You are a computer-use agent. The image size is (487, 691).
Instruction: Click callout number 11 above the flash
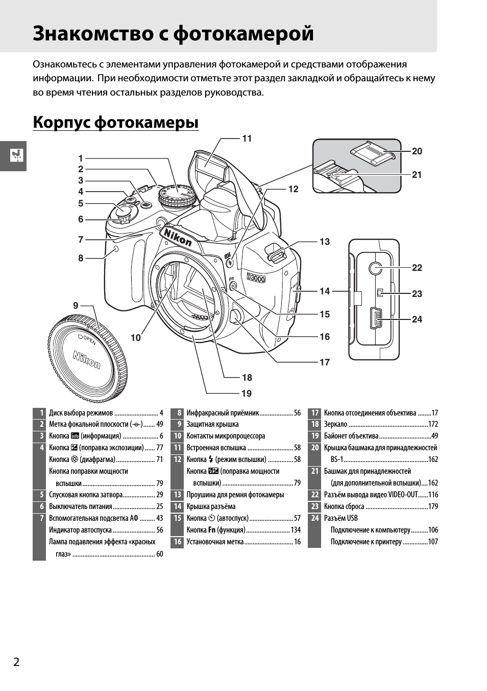pos(247,139)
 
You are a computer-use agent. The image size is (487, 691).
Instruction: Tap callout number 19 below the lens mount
pos(247,394)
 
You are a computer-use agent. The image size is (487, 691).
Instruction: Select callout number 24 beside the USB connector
pos(417,319)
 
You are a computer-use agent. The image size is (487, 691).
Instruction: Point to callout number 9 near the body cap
pos(76,306)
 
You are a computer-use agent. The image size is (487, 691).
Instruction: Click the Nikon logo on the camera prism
pos(177,237)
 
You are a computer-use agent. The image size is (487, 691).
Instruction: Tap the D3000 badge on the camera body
pos(256,278)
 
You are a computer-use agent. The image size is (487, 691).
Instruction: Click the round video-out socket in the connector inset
pos(375,267)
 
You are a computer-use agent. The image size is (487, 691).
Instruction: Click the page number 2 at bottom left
pos(16,662)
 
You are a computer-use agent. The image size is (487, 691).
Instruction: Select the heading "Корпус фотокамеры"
pos(116,123)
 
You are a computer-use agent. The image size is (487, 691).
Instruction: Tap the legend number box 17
pos(314,413)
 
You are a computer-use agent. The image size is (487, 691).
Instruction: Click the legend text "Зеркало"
pos(335,425)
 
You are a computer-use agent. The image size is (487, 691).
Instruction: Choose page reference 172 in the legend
pos(433,425)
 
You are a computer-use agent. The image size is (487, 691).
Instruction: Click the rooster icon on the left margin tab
pos(17,155)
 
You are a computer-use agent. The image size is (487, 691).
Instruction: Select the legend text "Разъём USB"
pos(340,518)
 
